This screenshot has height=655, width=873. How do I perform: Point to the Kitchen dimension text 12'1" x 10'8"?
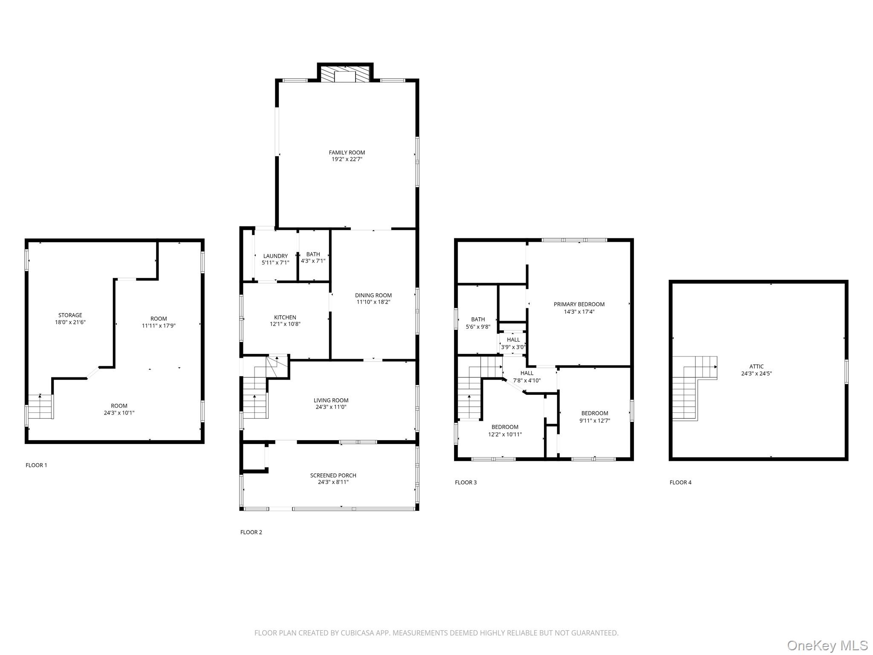285,324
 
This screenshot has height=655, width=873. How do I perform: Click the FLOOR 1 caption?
36,465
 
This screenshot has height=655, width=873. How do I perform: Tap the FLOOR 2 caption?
251,532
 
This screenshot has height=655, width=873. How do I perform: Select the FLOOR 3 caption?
466,482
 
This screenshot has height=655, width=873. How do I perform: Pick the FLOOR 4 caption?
681,482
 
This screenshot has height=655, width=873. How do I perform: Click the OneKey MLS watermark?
828,645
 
